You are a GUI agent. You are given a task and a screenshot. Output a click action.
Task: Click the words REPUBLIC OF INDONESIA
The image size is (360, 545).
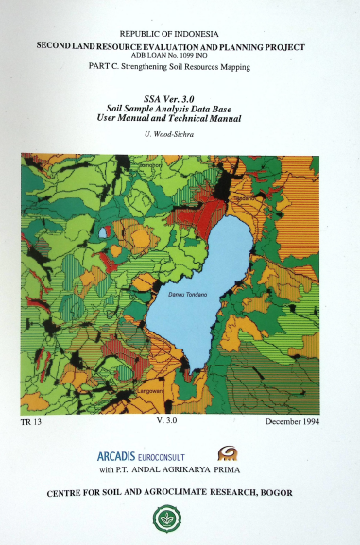[179, 32]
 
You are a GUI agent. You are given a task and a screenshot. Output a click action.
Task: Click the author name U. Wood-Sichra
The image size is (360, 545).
[172, 135]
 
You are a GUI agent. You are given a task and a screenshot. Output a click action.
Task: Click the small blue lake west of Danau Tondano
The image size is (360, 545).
[102, 232]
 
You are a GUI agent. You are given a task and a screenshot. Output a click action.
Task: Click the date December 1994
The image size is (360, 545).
[294, 421]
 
